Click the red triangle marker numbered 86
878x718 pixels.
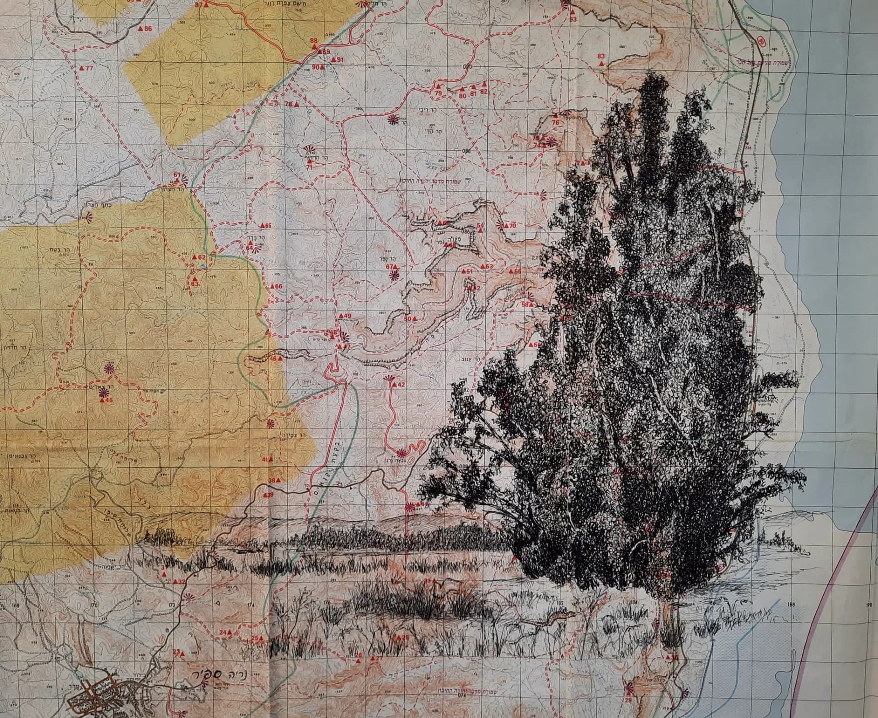click(141, 28)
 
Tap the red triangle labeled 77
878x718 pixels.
click(83, 68)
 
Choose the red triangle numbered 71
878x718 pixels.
click(309, 161)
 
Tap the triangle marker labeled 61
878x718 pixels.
click(177, 181)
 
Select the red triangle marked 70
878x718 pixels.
click(506, 226)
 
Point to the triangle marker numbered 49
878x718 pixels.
click(340, 316)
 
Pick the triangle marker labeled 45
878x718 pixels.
click(102, 400)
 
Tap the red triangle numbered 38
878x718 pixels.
click(278, 481)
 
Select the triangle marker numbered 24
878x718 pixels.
click(230, 632)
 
